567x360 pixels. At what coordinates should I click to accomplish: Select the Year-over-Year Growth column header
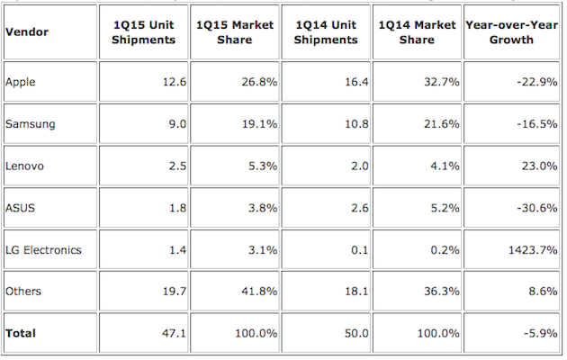pos(510,31)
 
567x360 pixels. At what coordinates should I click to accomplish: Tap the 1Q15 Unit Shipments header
pos(142,31)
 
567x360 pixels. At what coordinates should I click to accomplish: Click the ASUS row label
pos(20,208)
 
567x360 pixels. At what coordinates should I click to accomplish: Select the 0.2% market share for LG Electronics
pos(442,249)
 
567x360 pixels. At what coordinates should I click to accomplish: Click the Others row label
pos(22,291)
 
